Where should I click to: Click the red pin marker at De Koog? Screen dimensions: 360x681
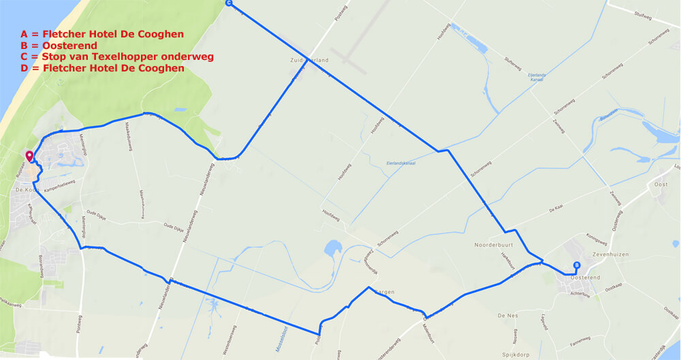pos(29,157)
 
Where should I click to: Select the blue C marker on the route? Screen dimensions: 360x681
pos(228,3)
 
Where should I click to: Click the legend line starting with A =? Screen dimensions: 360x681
pos(102,33)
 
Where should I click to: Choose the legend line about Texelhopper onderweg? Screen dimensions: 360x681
pos(117,56)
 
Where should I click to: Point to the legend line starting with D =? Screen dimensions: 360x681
pos(102,68)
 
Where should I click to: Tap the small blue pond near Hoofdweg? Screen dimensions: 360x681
pos(335,247)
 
